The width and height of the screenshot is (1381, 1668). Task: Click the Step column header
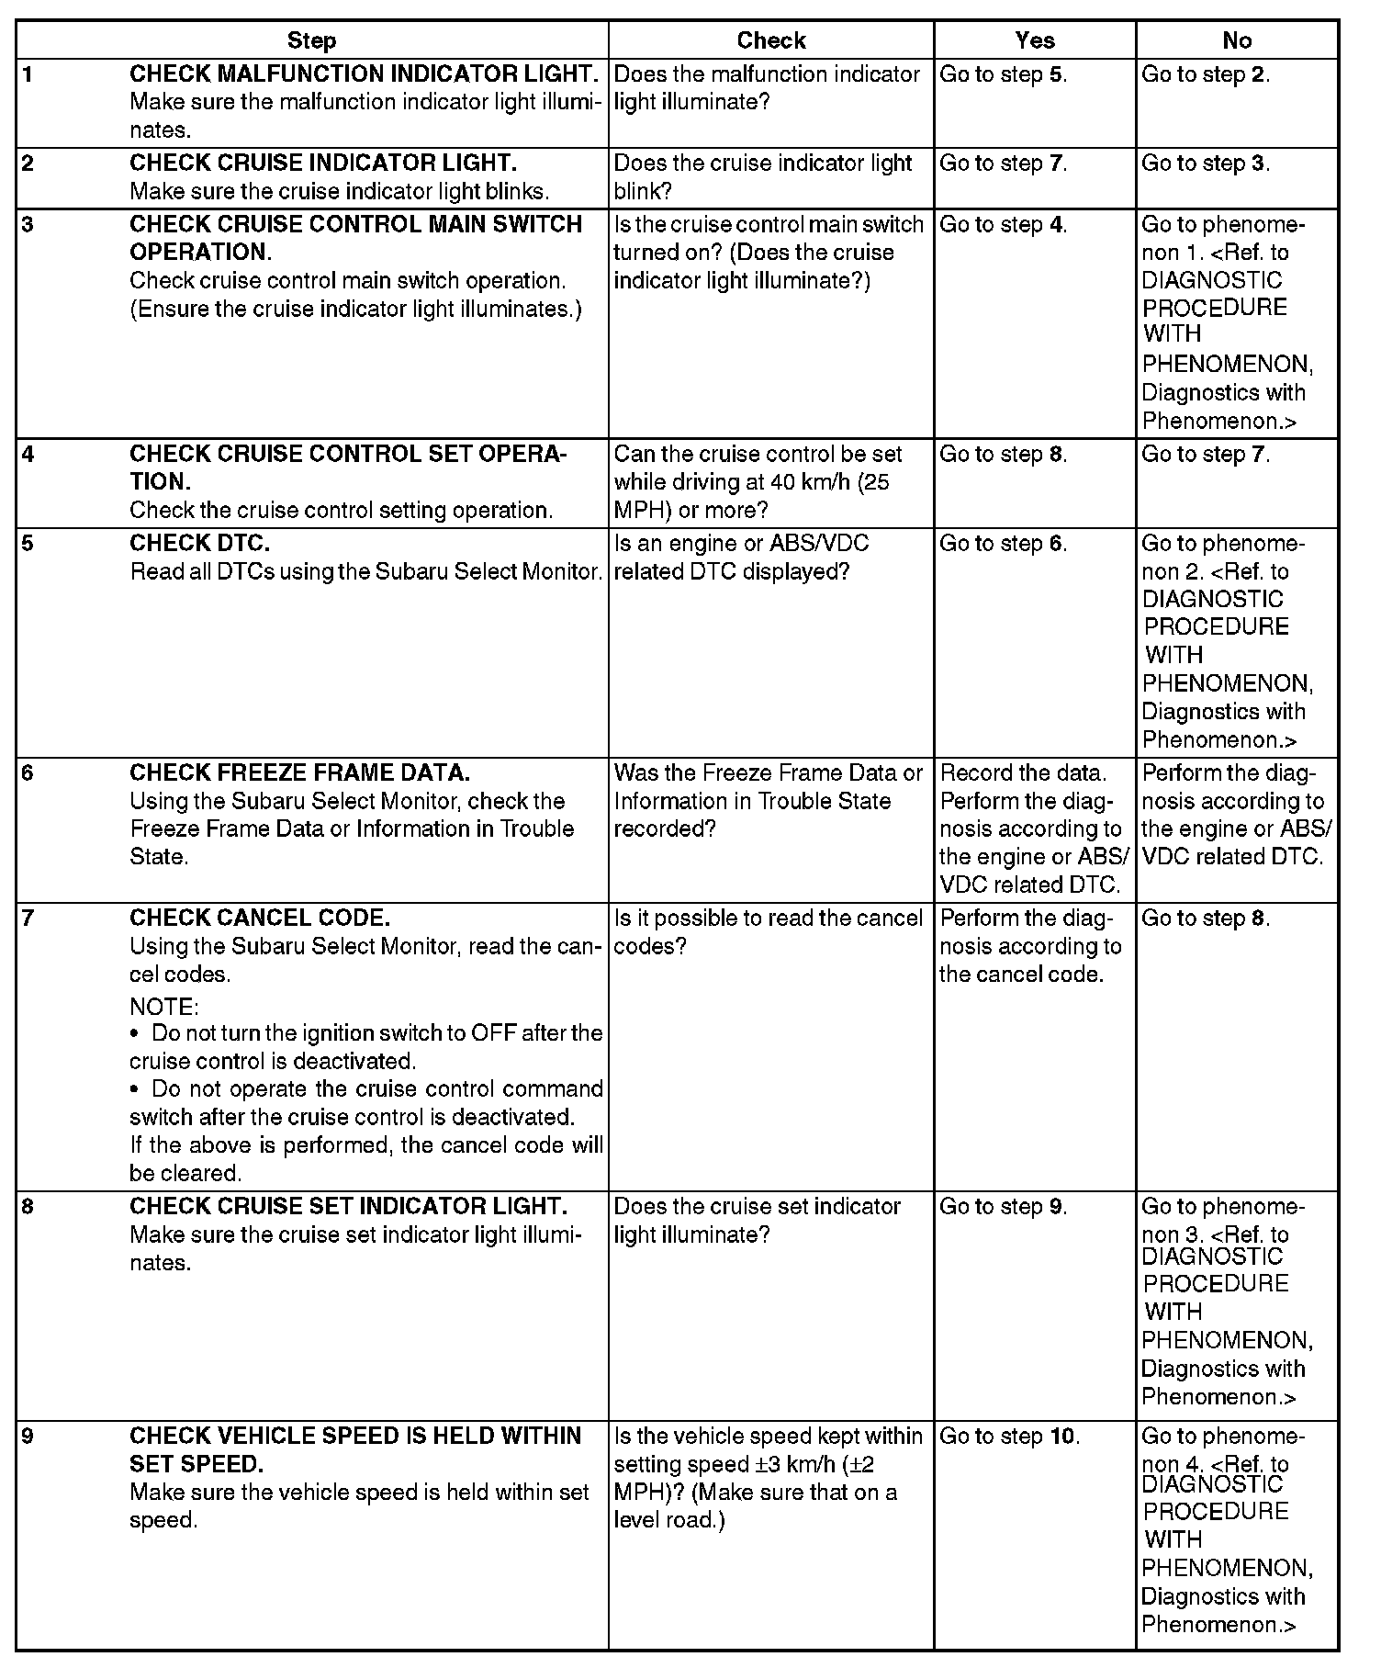[x=311, y=40]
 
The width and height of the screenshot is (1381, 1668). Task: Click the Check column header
[x=770, y=40]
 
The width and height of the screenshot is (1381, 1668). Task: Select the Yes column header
[x=1035, y=40]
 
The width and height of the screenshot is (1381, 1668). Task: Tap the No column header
[x=1237, y=40]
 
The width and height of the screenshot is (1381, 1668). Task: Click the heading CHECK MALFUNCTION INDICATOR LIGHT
[x=365, y=73]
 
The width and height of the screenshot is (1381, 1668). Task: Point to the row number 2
[x=28, y=163]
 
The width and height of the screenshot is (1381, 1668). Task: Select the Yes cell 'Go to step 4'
[x=1003, y=225]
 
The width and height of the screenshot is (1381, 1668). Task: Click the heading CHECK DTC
[x=199, y=543]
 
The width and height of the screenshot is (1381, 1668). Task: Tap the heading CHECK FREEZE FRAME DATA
[x=299, y=772]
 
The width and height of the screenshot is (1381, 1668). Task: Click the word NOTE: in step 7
[x=163, y=1007]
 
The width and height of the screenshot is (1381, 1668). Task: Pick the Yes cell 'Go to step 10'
[x=1009, y=1436]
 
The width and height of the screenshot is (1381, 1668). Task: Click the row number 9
[x=28, y=1436]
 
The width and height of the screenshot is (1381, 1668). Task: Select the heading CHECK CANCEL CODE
[x=260, y=918]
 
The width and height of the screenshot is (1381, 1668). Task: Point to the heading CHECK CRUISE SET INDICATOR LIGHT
[x=348, y=1206]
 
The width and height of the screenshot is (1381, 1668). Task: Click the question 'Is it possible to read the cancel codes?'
[x=768, y=931]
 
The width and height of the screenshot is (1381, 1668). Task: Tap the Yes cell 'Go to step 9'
[x=1003, y=1206]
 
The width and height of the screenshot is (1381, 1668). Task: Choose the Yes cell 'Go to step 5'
[x=1003, y=74]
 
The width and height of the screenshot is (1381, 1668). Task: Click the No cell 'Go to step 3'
[x=1205, y=163]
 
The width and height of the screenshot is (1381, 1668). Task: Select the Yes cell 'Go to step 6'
[x=1003, y=543]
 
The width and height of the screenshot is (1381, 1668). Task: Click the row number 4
[x=28, y=455]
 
